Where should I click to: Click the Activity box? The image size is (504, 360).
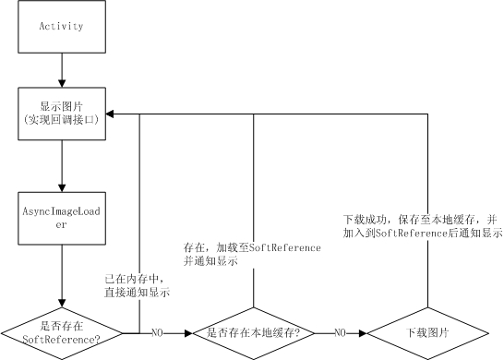[x=62, y=27]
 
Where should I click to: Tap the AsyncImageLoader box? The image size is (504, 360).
[x=62, y=218]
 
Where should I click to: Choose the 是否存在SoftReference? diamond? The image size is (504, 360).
[x=61, y=331]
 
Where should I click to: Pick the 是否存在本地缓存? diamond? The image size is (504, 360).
[x=253, y=331]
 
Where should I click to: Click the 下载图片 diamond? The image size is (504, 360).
[x=426, y=331]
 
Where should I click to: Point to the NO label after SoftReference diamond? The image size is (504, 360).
[x=156, y=331]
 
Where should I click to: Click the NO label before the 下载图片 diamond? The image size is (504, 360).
[x=341, y=331]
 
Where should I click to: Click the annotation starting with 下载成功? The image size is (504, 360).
[x=421, y=227]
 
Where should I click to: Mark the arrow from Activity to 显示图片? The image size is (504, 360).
[x=62, y=68]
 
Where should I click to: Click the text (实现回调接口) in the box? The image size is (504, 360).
[x=62, y=120]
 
